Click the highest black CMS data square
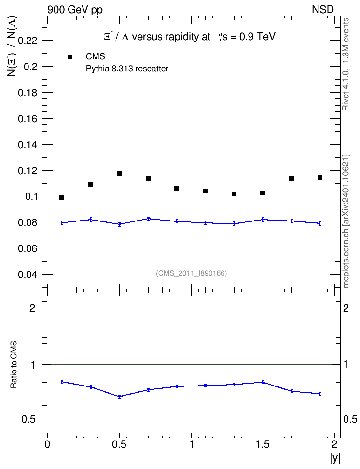(119, 173)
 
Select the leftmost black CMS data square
(62, 197)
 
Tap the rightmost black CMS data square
(320, 178)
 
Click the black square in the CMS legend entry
(69, 56)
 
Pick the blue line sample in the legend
(70, 69)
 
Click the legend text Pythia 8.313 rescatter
(127, 69)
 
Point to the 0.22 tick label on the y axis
(28, 41)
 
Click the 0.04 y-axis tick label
(28, 275)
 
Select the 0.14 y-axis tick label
(28, 145)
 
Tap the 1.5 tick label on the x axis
(263, 444)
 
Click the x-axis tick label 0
(47, 444)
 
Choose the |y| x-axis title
(335, 458)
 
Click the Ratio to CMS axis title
(14, 364)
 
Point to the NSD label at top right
(322, 10)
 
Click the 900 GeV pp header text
(75, 10)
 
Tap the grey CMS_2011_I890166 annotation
(191, 273)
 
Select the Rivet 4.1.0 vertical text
(346, 64)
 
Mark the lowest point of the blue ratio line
(119, 397)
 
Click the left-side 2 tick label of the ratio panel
(32, 308)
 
